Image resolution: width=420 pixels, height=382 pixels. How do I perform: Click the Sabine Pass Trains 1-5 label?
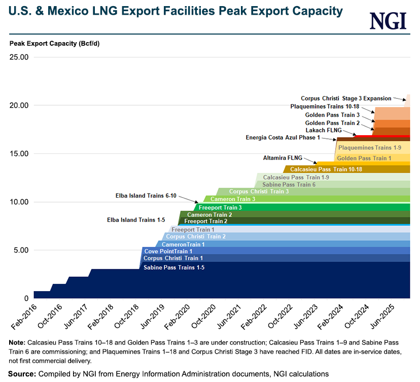pyautogui.click(x=174, y=268)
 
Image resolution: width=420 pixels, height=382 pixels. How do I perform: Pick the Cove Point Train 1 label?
pyautogui.click(x=168, y=251)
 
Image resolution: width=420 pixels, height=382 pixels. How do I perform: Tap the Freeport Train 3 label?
pyautogui.click(x=220, y=208)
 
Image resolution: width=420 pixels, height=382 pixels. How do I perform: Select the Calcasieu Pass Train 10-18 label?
pyautogui.click(x=326, y=169)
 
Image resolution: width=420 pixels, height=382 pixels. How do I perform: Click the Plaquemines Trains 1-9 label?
pyautogui.click(x=370, y=148)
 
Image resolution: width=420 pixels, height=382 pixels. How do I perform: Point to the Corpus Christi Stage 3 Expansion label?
pyautogui.click(x=346, y=99)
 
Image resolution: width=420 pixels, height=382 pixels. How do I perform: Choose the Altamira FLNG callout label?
pyautogui.click(x=282, y=158)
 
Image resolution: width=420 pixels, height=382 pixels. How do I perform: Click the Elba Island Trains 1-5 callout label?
pyautogui.click(x=136, y=220)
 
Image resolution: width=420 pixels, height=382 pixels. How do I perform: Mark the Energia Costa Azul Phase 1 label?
pyautogui.click(x=283, y=138)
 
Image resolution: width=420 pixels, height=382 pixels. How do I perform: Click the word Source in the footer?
pyautogui.click(x=21, y=374)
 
